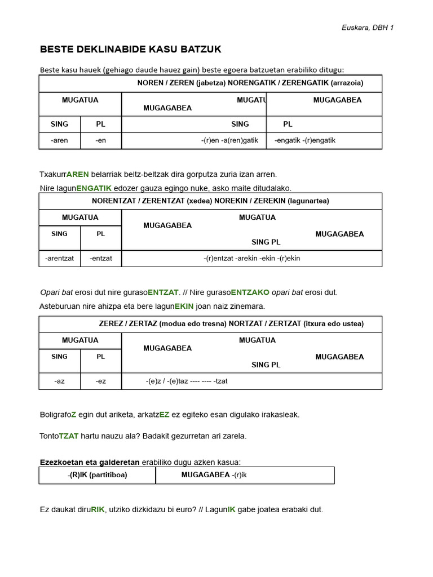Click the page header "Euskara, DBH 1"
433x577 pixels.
[367, 28]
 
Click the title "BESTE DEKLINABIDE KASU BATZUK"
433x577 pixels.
[130, 50]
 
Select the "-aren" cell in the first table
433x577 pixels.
[59, 140]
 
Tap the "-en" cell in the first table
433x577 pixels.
[101, 140]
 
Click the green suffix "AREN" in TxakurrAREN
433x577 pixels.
[78, 174]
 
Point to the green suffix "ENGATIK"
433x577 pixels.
[94, 188]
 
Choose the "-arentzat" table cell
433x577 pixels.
[59, 258]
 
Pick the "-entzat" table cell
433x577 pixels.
[101, 258]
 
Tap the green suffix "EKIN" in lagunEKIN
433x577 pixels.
[184, 306]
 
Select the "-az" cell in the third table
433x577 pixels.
[59, 381]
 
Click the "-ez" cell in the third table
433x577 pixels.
[101, 381]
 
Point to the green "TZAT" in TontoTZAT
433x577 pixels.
[69, 436]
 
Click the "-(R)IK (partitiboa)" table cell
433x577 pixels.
[97, 475]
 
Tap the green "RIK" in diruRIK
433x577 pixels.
[98, 509]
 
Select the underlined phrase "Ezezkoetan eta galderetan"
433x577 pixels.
[90, 462]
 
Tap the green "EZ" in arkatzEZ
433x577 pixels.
[164, 414]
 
